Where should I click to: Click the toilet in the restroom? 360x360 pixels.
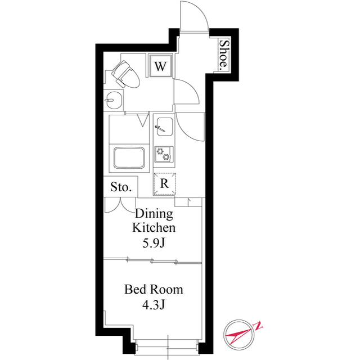coord(125,75)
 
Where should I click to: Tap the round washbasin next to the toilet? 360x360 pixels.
coord(114,100)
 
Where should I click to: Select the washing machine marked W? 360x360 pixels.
coord(160,66)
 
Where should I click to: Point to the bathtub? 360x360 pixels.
coord(129,158)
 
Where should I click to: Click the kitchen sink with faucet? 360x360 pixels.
coord(165,127)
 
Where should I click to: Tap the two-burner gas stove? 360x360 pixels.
coord(164,154)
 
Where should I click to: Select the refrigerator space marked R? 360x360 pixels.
coord(164,184)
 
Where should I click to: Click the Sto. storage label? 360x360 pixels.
coord(121,187)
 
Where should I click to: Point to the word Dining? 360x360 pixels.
coord(154,214)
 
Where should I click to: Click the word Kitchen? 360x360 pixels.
coord(154,227)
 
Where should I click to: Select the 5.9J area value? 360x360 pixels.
coord(154,243)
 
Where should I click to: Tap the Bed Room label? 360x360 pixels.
coord(154,290)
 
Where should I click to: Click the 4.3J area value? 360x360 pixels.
coord(154,305)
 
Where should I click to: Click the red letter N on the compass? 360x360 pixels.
coord(258,326)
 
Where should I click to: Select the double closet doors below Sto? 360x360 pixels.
coord(120,205)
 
